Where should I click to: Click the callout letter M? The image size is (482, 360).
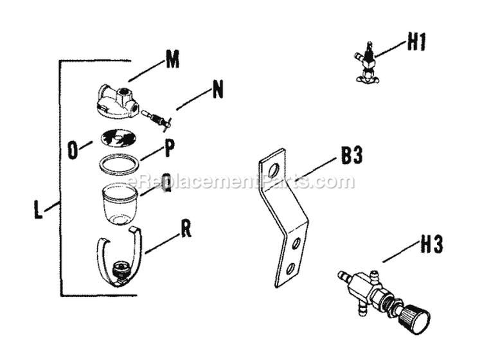171,61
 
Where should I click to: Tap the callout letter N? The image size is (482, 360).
218,91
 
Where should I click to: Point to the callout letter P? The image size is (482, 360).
170,148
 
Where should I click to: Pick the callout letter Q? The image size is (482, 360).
166,184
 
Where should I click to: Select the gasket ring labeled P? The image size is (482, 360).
119,164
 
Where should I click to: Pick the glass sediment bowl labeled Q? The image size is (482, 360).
120,203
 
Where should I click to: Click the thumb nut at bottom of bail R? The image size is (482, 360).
119,270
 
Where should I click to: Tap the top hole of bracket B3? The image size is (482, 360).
273,169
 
